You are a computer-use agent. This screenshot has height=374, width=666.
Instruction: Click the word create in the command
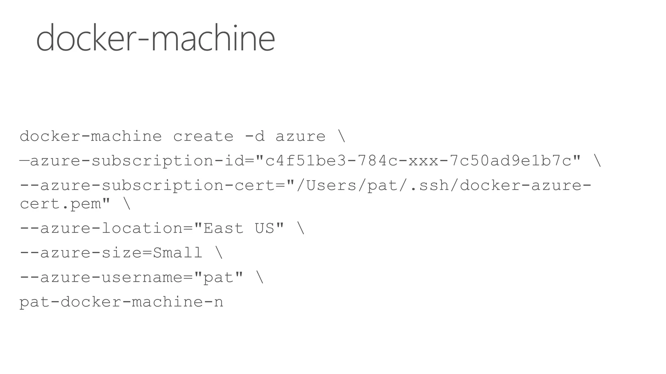pyautogui.click(x=203, y=136)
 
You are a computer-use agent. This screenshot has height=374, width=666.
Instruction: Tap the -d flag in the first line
pyautogui.click(x=255, y=136)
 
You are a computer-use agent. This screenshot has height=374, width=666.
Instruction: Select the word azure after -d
pyautogui.click(x=300, y=136)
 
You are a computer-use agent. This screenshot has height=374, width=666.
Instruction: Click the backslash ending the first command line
pyautogui.click(x=341, y=136)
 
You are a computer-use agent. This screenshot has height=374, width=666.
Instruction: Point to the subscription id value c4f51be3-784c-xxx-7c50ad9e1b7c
pyautogui.click(x=418, y=161)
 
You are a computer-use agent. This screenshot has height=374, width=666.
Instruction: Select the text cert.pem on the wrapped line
pyautogui.click(x=60, y=204)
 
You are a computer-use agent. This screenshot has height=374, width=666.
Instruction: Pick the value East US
pyautogui.click(x=239, y=228)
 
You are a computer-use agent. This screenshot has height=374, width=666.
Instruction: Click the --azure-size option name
pyautogui.click(x=81, y=253)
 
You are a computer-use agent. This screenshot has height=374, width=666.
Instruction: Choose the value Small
pyautogui.click(x=178, y=253)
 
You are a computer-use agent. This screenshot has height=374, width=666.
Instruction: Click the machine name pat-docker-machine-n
pyautogui.click(x=121, y=302)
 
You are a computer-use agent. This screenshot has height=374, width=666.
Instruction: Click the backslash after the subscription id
pyautogui.click(x=597, y=161)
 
